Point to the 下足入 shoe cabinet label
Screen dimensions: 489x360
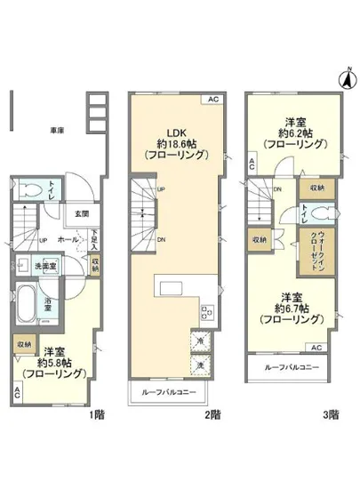tap(94, 240)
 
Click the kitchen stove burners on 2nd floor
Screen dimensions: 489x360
tap(208, 311)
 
